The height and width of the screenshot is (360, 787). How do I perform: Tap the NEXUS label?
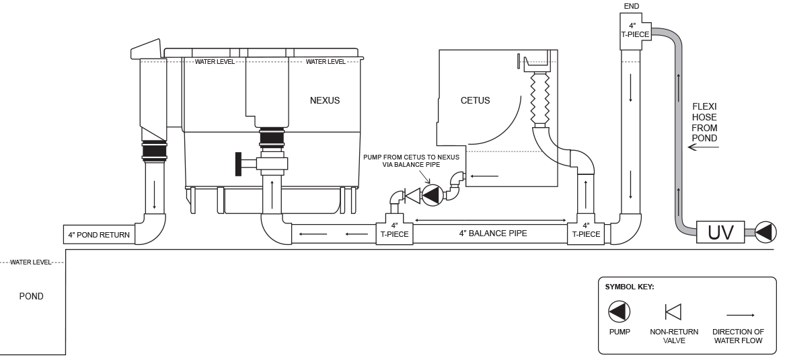click(325, 101)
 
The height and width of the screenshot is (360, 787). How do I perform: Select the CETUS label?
click(475, 101)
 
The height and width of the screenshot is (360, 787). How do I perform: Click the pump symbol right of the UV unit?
click(765, 233)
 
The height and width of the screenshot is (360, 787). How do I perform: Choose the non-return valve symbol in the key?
click(673, 312)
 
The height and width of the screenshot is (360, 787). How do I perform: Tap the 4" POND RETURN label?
click(98, 235)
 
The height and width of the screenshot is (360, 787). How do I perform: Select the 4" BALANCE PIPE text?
click(493, 233)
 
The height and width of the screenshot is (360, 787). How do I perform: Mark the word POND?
click(31, 296)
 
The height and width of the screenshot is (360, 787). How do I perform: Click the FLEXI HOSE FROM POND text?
click(704, 122)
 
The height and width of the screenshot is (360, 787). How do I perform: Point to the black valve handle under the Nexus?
click(238, 164)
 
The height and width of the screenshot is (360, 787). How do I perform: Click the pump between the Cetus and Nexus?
click(430, 196)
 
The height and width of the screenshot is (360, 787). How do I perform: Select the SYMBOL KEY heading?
click(629, 287)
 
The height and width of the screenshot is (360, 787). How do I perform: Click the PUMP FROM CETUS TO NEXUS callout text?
click(411, 161)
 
